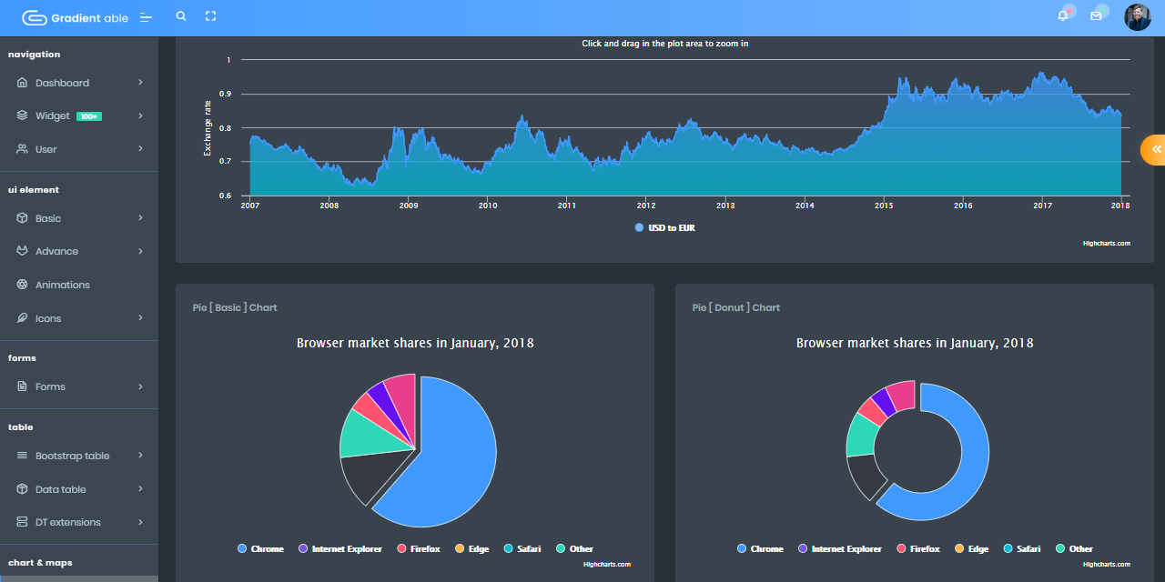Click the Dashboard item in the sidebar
pyautogui.click(x=62, y=83)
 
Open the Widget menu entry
pyautogui.click(x=53, y=116)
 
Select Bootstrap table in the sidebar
pyautogui.click(x=72, y=456)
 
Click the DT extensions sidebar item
pyautogui.click(x=67, y=522)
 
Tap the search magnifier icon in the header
pyautogui.click(x=181, y=16)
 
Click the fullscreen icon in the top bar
pyautogui.click(x=211, y=16)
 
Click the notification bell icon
pyautogui.click(x=1062, y=16)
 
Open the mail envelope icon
pyautogui.click(x=1096, y=16)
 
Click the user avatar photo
pyautogui.click(x=1137, y=17)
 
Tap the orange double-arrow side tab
pyautogui.click(x=1155, y=149)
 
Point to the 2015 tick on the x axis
pyautogui.click(x=884, y=206)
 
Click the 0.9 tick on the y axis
pyautogui.click(x=224, y=94)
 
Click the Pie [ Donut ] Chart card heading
pyautogui.click(x=735, y=307)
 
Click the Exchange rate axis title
pyautogui.click(x=208, y=128)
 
